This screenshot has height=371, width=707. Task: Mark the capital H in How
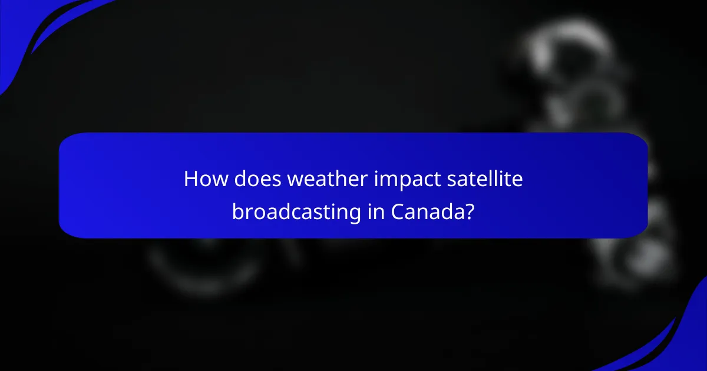(x=190, y=179)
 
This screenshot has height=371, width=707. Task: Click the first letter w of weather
(x=294, y=180)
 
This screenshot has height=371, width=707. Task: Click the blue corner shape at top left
(x=24, y=24)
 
